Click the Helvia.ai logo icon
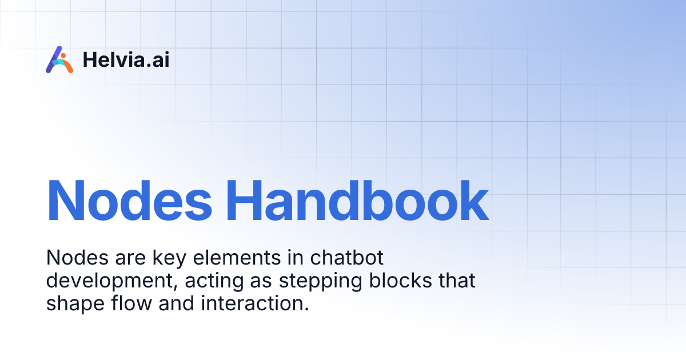point(59,59)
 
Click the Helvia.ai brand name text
point(126,59)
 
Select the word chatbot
point(347,258)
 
